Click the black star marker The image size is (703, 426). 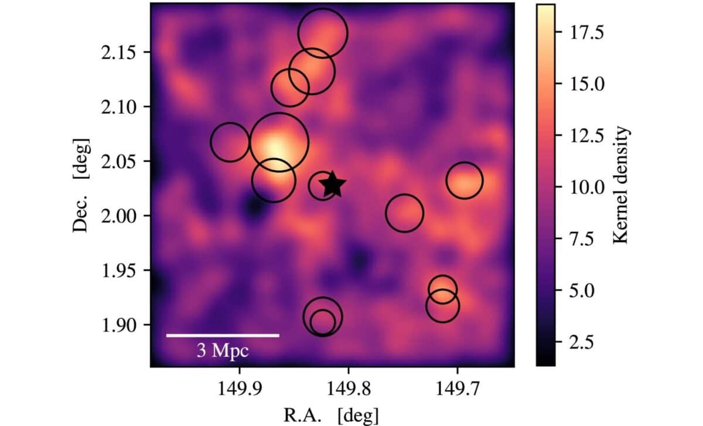click(333, 185)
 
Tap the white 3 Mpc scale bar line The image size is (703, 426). click(223, 335)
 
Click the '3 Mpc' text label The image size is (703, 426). click(223, 351)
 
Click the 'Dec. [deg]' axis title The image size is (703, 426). click(82, 185)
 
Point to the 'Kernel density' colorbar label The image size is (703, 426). click(621, 185)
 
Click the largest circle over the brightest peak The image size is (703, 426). click(278, 142)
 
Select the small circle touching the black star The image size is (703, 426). click(321, 186)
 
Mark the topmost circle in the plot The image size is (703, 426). click(322, 33)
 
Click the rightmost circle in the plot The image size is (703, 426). click(465, 180)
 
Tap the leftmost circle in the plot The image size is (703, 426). click(230, 142)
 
